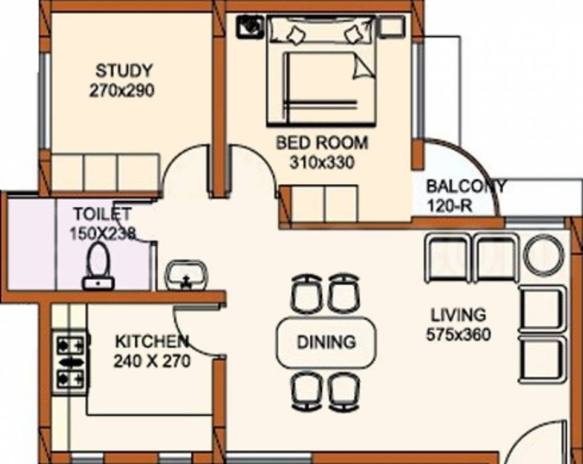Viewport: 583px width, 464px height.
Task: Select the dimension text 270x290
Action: pos(122,91)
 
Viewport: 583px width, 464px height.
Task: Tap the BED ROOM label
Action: pos(321,143)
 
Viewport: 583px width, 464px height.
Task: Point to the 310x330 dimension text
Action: pos(321,163)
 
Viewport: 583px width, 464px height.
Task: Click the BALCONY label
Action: pos(465,185)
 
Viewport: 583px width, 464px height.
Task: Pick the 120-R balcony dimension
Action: pos(449,205)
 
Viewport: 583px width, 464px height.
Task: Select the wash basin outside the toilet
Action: pos(186,275)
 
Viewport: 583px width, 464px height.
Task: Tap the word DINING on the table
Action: pos(326,343)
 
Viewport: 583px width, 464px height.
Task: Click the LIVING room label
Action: pos(458,315)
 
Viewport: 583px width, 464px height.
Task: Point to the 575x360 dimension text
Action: pos(458,333)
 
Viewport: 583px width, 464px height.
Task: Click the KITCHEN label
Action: pos(152,341)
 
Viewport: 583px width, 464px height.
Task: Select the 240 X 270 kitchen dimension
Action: pos(152,361)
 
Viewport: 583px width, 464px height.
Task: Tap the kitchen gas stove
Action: pos(70,361)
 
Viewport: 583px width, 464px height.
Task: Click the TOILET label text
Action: pos(102,214)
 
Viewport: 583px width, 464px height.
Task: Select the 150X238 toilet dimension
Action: pos(102,233)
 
